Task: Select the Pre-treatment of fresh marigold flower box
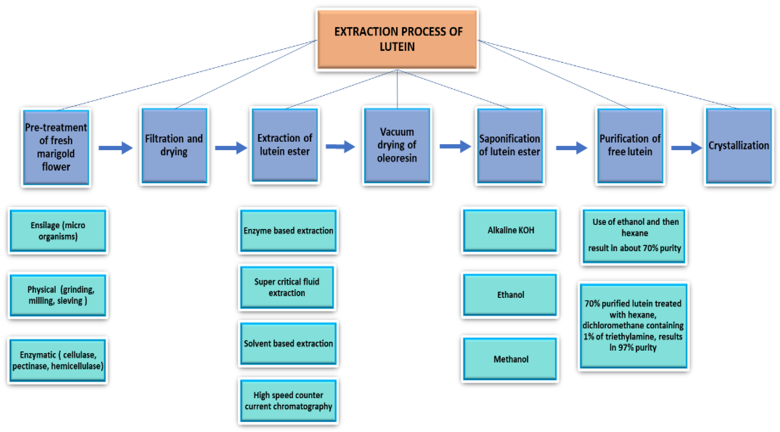click(56, 147)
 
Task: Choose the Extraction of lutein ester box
click(285, 145)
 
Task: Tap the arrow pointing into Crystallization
click(686, 148)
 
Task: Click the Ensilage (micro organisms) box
click(58, 231)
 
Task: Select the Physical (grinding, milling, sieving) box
click(58, 295)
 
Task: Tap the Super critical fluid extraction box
click(287, 287)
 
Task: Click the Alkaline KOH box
click(510, 230)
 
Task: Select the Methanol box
click(510, 359)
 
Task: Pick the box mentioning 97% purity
click(633, 326)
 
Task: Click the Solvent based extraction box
click(288, 344)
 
